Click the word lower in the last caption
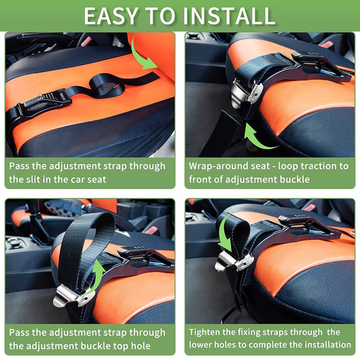203,344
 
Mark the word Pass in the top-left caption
20,165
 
